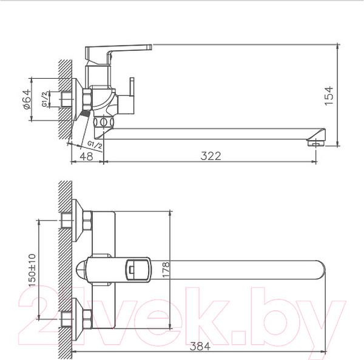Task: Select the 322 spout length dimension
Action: [211, 156]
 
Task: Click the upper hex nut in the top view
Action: [86, 222]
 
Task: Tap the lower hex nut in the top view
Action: [86, 316]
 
